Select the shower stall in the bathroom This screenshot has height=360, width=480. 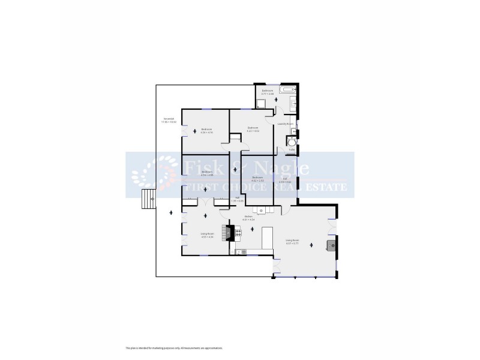[x=261, y=104]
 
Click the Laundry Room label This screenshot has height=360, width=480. [x=284, y=124]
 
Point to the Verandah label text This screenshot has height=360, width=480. [x=169, y=121]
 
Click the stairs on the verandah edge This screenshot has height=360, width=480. [x=146, y=198]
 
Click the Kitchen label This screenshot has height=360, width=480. [x=248, y=218]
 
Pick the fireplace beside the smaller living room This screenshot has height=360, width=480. [x=226, y=232]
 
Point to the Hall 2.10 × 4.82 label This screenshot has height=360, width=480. [x=286, y=180]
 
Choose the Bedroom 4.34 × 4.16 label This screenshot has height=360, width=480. [x=206, y=130]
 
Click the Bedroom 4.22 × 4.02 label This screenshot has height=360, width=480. [x=253, y=128]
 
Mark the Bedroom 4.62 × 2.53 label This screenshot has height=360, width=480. [x=258, y=178]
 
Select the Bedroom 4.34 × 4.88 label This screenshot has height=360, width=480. [x=207, y=173]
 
